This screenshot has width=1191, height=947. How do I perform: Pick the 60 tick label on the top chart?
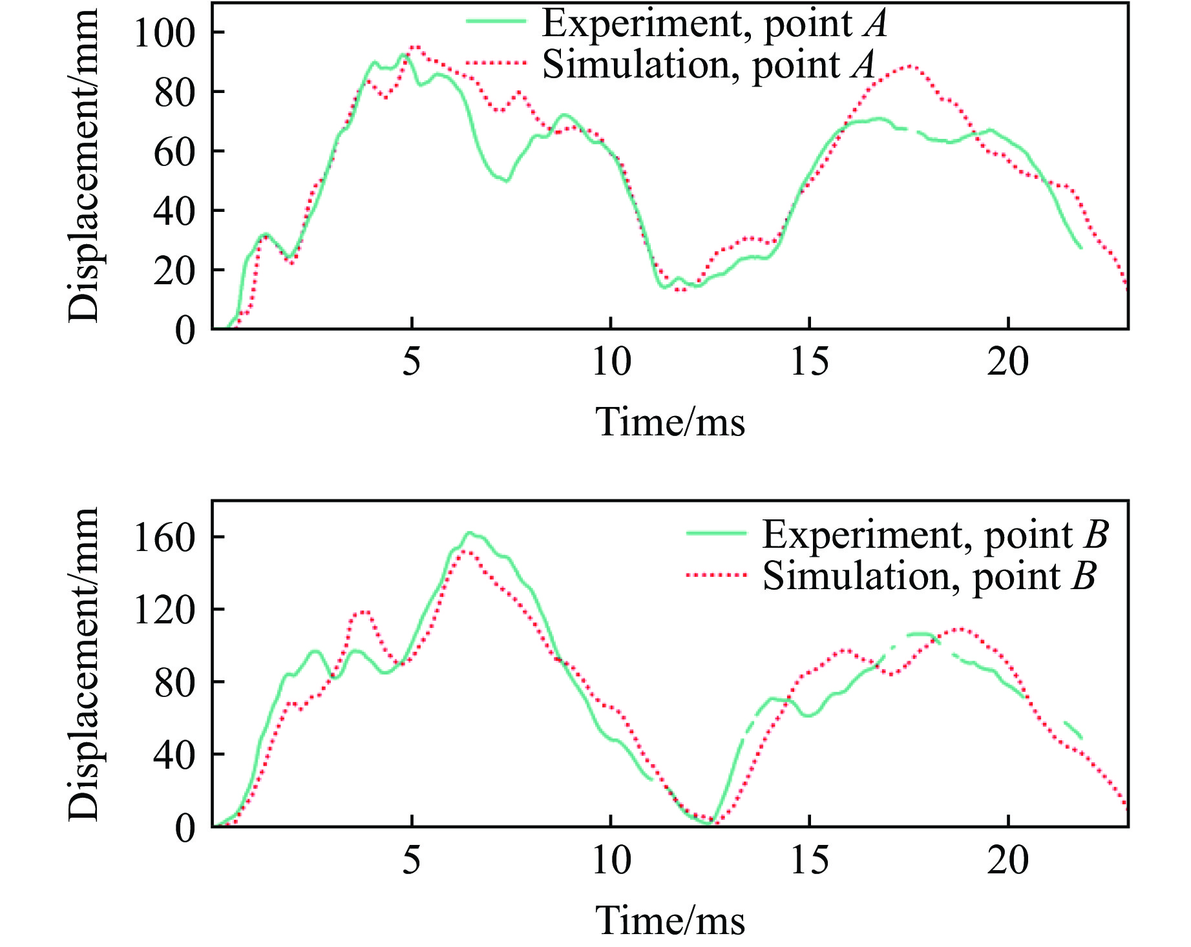tap(174, 152)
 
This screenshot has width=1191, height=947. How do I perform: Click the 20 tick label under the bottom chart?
tap(1007, 860)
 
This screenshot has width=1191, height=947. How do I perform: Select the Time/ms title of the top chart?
tap(669, 422)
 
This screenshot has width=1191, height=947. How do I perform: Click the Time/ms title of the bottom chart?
tap(669, 921)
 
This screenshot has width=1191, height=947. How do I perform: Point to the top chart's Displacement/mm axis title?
tap(84, 165)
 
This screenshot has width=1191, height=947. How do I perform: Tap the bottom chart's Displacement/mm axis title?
tap(84, 663)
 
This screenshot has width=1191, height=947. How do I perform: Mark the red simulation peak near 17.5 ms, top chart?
tap(910, 66)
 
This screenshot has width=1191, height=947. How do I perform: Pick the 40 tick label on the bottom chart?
tap(174, 754)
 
